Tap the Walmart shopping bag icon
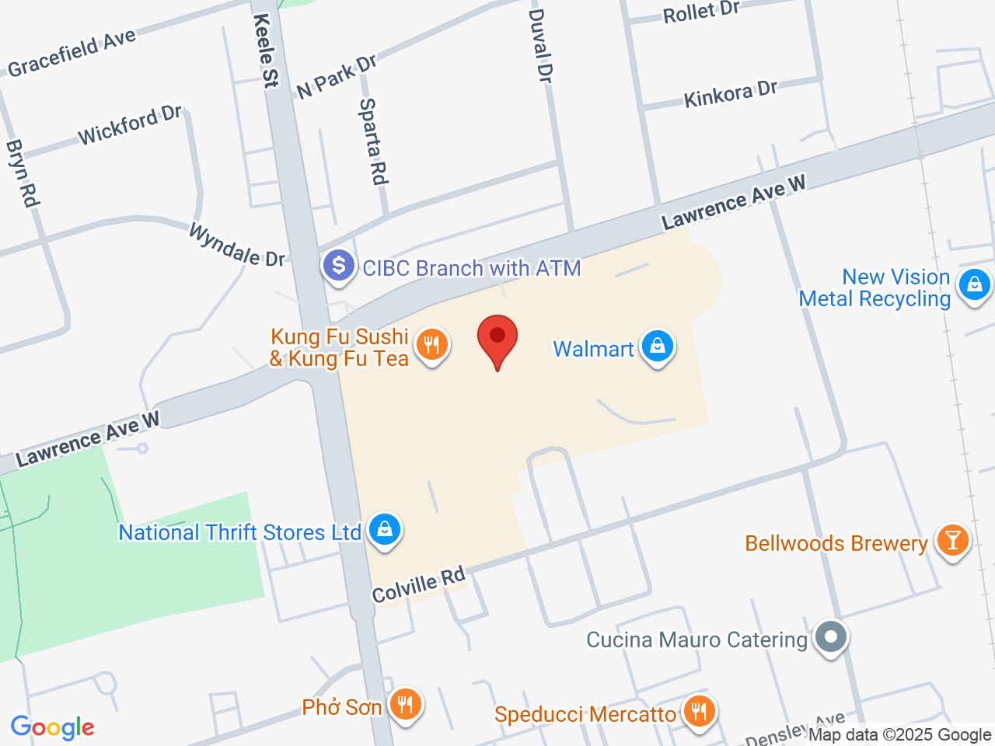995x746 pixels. (658, 347)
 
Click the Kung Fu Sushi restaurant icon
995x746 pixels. (432, 344)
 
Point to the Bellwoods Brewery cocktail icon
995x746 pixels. (952, 540)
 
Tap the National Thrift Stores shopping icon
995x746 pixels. (384, 530)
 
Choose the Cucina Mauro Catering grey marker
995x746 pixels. (831, 638)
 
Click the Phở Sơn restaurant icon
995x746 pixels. (405, 705)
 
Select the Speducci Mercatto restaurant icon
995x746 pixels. (700, 711)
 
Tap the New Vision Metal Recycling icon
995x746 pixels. (974, 285)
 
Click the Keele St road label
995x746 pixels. (266, 51)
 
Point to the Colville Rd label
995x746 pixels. (418, 585)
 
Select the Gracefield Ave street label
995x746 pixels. (72, 53)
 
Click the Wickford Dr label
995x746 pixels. (129, 125)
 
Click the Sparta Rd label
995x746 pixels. (373, 141)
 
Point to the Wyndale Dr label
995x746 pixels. (237, 246)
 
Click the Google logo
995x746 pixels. (52, 727)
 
